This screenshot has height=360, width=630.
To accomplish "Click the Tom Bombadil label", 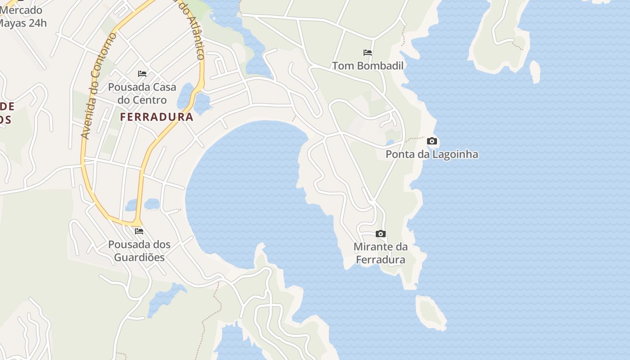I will point(368,66).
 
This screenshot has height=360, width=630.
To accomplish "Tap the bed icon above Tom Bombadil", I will point(368,53).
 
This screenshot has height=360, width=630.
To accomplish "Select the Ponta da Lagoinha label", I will point(432,154).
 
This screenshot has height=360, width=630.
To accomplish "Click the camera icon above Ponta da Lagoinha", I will point(432,141).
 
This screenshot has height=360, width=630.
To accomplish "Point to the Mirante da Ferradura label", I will point(381,253).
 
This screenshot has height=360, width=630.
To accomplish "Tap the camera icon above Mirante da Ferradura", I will point(381,234).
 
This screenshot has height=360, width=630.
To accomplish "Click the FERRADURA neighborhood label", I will point(157,117).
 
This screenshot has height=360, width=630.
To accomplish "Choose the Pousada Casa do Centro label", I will point(142,93).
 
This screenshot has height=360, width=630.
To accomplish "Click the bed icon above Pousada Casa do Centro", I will point(142,74).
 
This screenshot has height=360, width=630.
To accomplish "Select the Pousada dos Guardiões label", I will point(139,251).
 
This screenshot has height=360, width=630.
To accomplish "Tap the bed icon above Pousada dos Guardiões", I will point(139,231).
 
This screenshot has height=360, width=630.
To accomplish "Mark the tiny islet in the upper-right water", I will point(535,71).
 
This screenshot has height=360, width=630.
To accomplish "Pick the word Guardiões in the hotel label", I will point(139,257).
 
